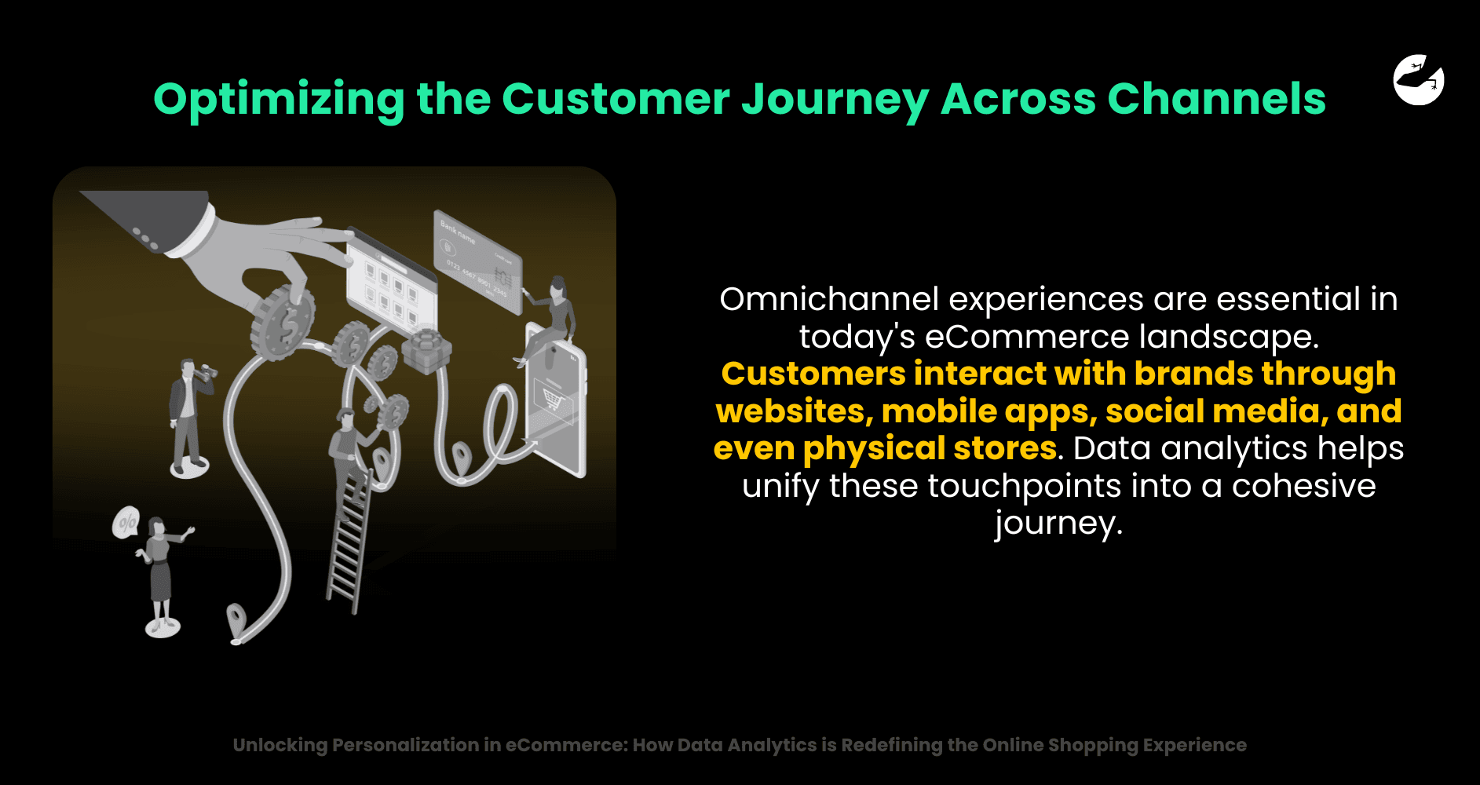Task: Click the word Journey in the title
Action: pos(835,100)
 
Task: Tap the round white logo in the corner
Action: pos(1419,79)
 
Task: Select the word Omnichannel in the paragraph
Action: pos(829,299)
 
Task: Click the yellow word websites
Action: pos(794,411)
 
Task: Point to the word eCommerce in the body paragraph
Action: pos(1027,337)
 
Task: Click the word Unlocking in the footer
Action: pos(280,746)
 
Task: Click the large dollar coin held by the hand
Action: pos(283,323)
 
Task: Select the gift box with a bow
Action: pos(426,350)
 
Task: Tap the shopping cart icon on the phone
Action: pos(553,400)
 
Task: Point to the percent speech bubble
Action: pos(126,523)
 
